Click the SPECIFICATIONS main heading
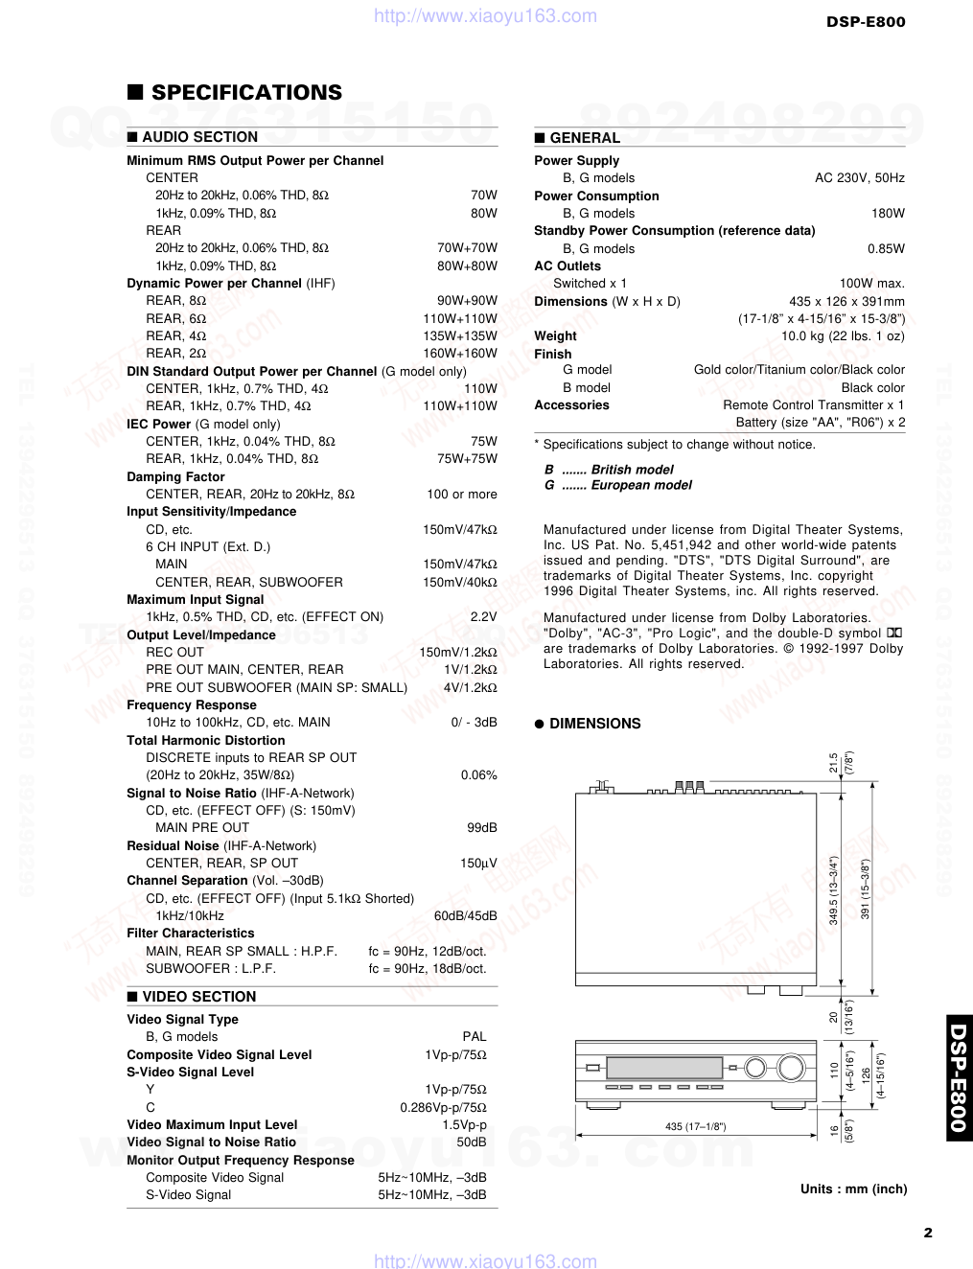coord(246,93)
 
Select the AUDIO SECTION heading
coord(199,137)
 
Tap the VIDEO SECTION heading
coord(199,997)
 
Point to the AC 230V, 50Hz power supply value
coord(859,178)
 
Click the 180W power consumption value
coord(888,214)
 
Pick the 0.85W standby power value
coord(886,249)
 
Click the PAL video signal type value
coord(474,1037)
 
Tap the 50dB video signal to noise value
coord(471,1142)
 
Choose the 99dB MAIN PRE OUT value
coord(482,828)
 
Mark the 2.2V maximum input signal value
coord(483,617)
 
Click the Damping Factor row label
coord(175,477)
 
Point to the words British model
coord(632,470)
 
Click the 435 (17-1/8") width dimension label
coord(695,1127)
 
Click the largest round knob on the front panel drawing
coord(792,1068)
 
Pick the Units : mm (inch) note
coord(853,1189)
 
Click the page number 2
coord(927,1234)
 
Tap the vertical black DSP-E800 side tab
coord(959,1078)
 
